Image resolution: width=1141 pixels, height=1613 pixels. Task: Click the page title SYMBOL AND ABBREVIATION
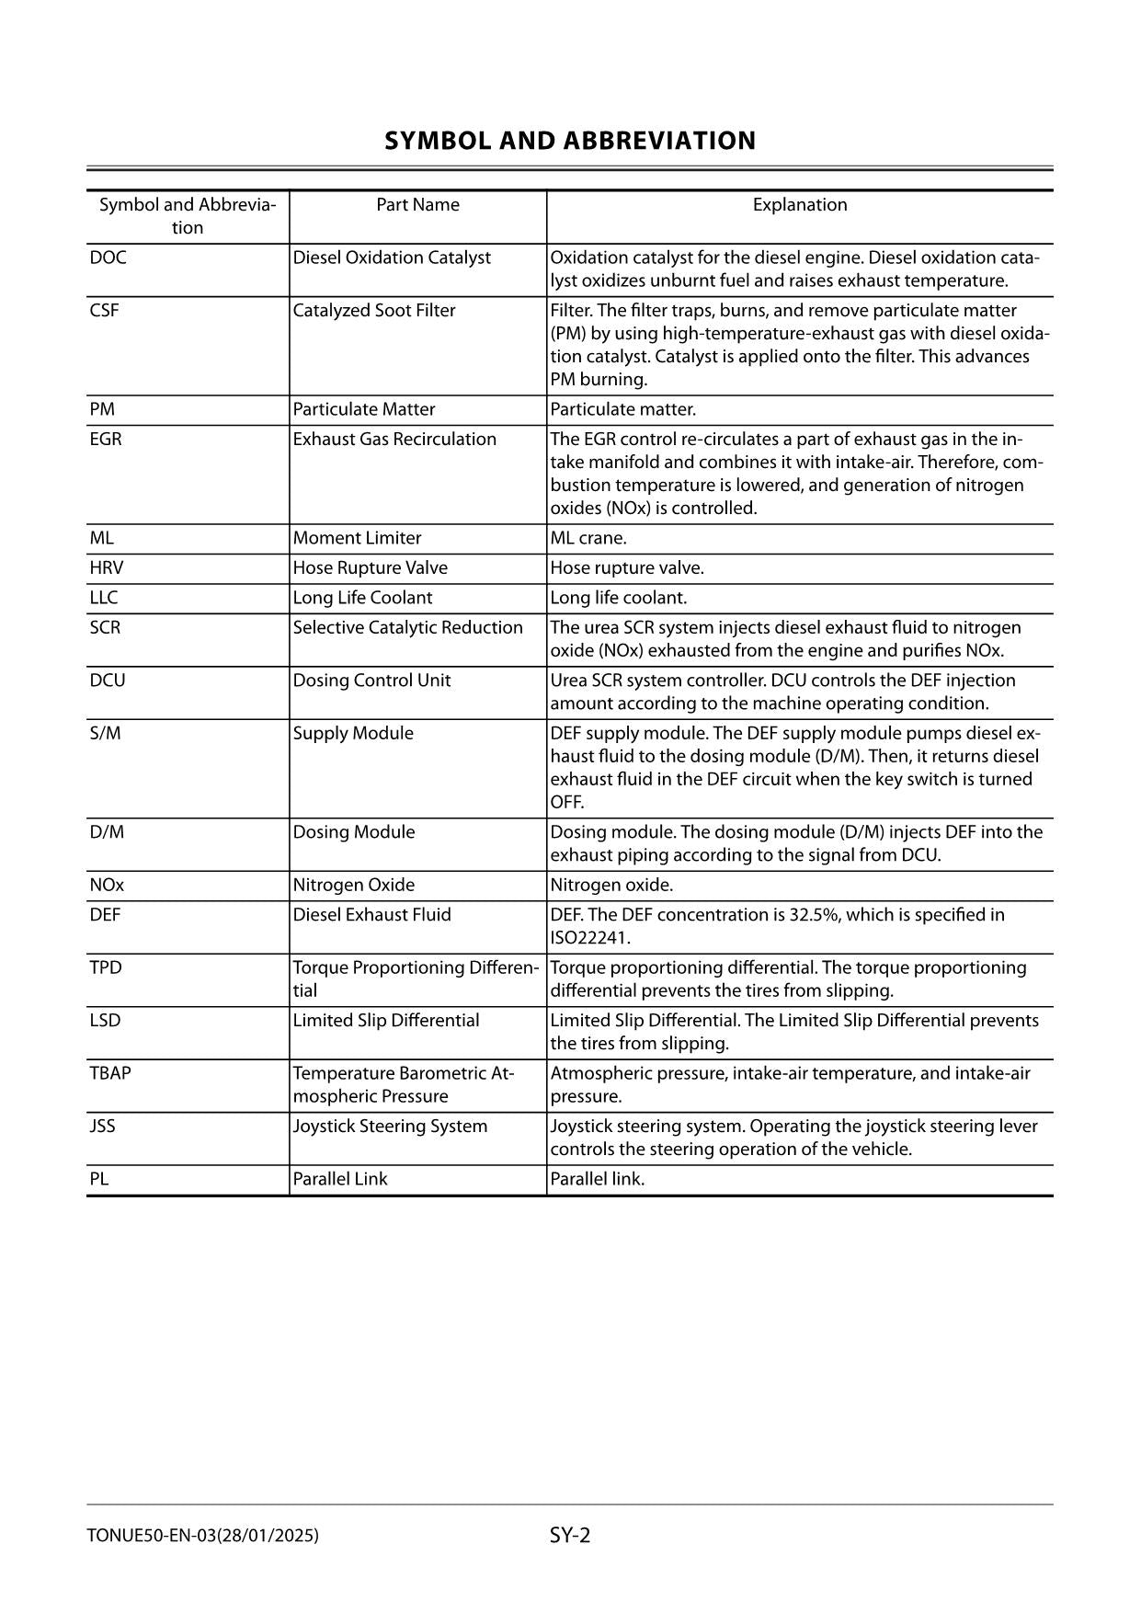tap(570, 141)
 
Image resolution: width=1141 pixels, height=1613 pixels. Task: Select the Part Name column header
tap(417, 205)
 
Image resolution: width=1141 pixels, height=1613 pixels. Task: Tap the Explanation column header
tap(799, 205)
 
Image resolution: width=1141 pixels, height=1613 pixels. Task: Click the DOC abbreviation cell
tap(108, 257)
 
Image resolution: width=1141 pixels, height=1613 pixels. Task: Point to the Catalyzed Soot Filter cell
tap(373, 311)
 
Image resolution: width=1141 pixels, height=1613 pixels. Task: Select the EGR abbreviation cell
tap(106, 440)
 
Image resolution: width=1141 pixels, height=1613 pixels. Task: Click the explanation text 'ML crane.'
tap(588, 538)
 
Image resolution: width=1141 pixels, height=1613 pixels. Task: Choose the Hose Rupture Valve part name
tap(370, 568)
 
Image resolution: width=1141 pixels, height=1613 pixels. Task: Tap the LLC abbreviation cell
tap(104, 598)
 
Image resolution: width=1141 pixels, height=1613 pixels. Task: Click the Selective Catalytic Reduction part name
tap(407, 628)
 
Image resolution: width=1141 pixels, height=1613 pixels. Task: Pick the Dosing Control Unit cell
tap(371, 681)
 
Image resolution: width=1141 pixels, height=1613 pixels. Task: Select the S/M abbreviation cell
tap(105, 734)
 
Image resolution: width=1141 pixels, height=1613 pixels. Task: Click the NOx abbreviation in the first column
tap(107, 886)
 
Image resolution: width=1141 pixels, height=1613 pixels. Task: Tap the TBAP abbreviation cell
tap(110, 1073)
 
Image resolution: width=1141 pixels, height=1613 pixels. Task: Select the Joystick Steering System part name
tap(390, 1127)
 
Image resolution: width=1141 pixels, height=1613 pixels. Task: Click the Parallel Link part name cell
tap(340, 1179)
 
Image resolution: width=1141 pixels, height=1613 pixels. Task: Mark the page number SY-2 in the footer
tap(570, 1535)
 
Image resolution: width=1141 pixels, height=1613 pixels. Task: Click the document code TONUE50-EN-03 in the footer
tap(151, 1536)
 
